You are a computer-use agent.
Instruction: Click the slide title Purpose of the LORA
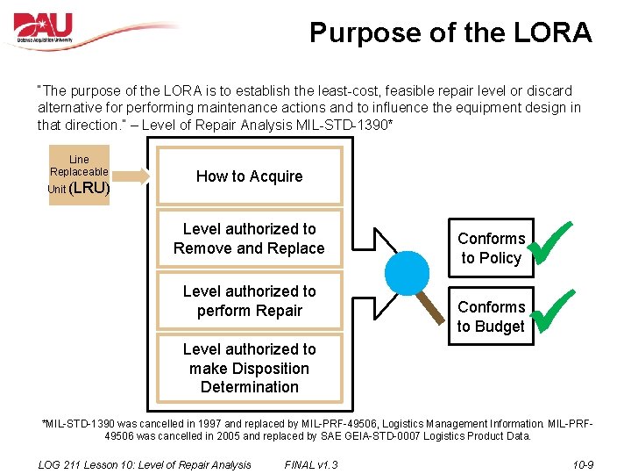(x=450, y=33)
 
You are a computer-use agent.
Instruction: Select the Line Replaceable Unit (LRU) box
(x=79, y=175)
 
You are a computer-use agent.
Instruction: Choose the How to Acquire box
(x=249, y=176)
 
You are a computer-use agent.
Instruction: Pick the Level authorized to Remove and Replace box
(x=249, y=239)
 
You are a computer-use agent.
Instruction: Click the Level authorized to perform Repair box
(x=249, y=300)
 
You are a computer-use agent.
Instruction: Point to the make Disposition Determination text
(x=249, y=369)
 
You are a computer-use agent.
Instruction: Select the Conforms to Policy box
(x=491, y=248)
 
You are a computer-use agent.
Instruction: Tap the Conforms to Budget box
(x=491, y=316)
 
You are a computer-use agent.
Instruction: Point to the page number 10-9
(x=582, y=464)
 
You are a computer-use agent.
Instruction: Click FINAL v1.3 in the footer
(x=311, y=464)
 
